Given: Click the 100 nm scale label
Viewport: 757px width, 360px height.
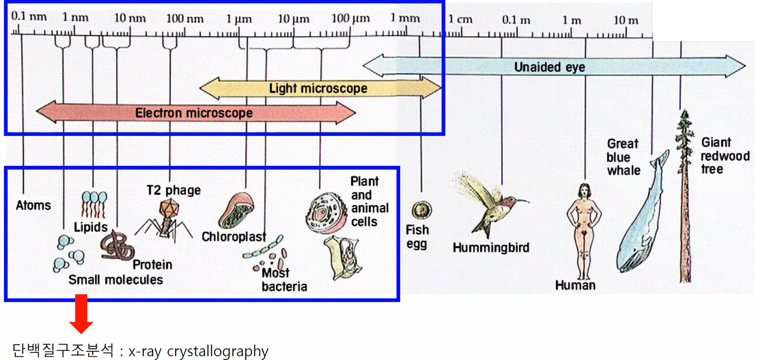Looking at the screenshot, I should [185, 19].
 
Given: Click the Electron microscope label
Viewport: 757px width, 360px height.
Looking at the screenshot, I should [193, 113].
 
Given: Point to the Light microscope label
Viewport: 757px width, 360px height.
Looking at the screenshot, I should [318, 89].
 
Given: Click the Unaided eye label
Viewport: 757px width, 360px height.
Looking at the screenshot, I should [549, 67].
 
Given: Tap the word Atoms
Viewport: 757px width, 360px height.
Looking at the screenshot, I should [34, 205].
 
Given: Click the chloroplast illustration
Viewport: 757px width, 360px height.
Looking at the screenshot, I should [236, 210].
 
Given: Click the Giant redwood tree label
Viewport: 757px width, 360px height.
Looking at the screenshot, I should [724, 155].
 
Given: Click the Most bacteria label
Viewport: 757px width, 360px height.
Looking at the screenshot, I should [284, 280].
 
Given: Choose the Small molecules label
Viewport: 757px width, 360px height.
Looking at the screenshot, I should [116, 280].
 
